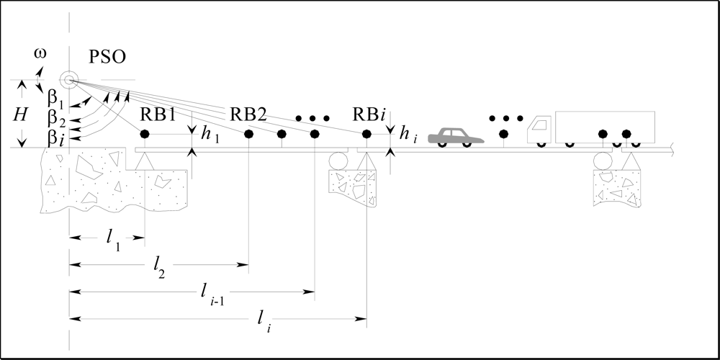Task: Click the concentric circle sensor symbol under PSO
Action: (69, 80)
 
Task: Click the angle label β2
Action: (56, 117)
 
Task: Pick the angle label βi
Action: (56, 138)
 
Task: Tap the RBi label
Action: (371, 114)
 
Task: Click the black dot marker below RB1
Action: (145, 134)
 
